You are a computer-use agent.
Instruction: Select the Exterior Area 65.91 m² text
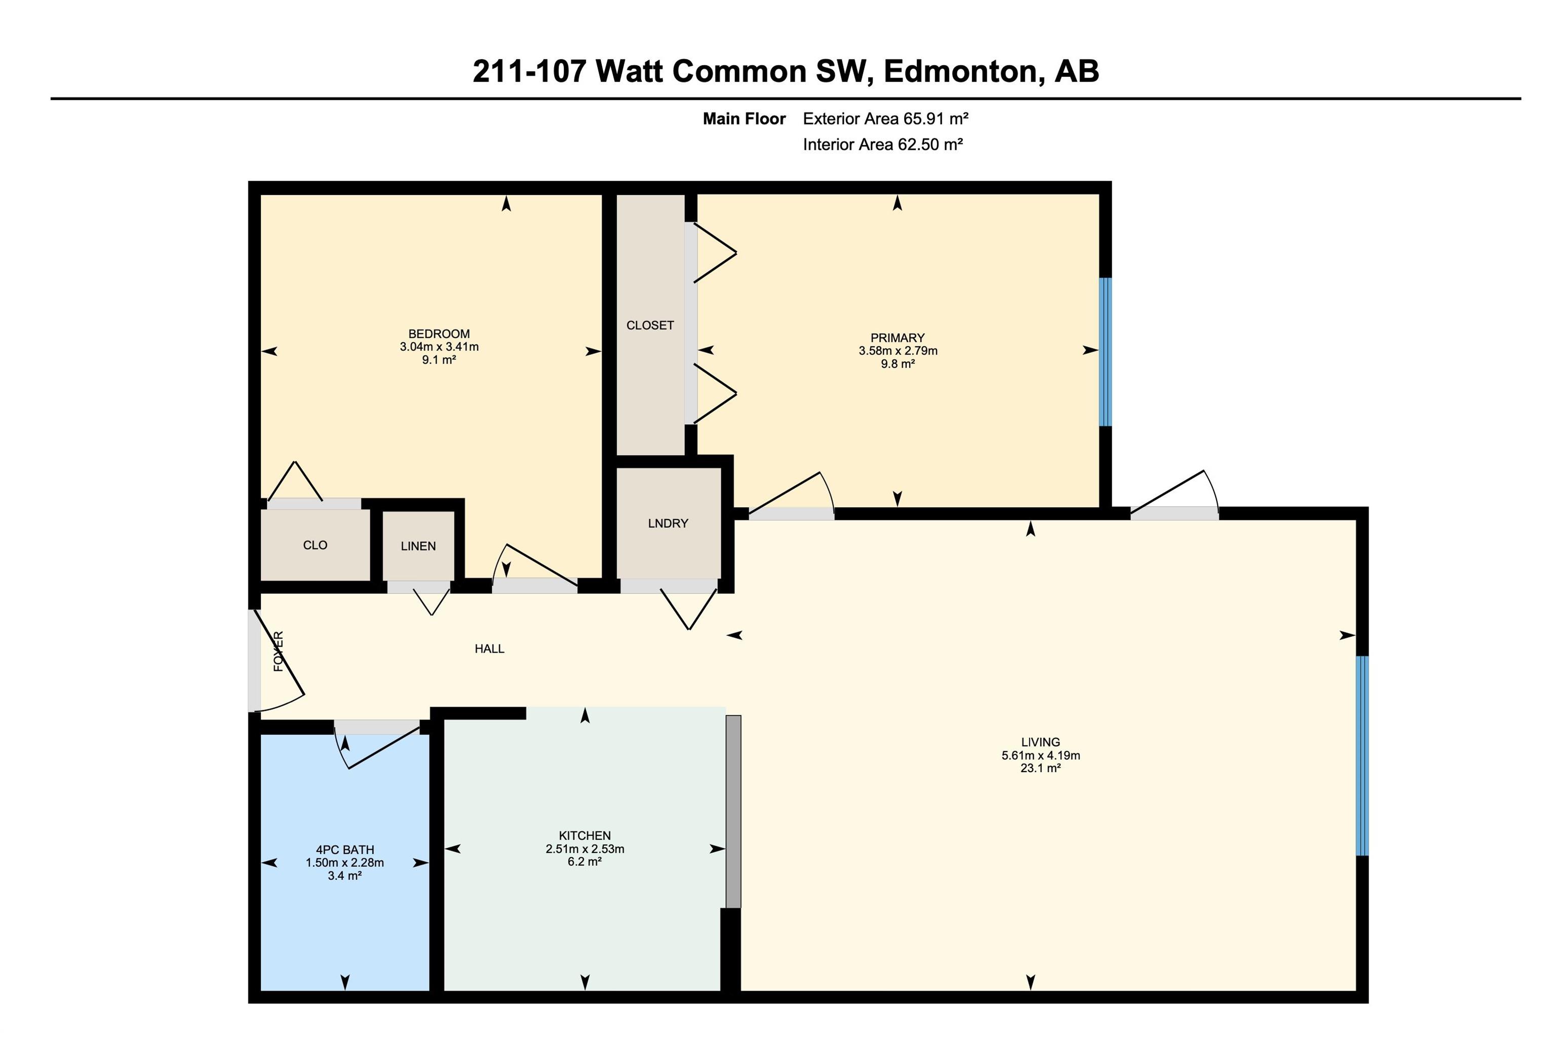coord(885,119)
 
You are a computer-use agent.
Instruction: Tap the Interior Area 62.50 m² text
coord(883,144)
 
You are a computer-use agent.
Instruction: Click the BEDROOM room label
coord(439,334)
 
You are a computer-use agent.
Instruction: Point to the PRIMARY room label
coord(898,338)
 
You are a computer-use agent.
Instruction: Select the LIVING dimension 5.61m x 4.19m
coord(1040,755)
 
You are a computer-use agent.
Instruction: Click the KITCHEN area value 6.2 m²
coord(585,862)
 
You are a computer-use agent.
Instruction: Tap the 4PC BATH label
coord(344,850)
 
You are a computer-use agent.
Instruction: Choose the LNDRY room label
coord(668,524)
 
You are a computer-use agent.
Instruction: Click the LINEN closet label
coord(418,546)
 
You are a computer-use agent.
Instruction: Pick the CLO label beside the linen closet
coord(316,545)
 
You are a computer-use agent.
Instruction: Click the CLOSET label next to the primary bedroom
coord(650,325)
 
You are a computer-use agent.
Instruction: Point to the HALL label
coord(490,649)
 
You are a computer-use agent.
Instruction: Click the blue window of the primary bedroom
coord(1105,352)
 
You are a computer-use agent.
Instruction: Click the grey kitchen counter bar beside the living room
coord(732,812)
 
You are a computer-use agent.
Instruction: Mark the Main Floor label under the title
coord(745,119)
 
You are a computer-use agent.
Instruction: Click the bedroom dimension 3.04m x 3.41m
coord(439,346)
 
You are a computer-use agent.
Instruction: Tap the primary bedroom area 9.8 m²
coord(898,364)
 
